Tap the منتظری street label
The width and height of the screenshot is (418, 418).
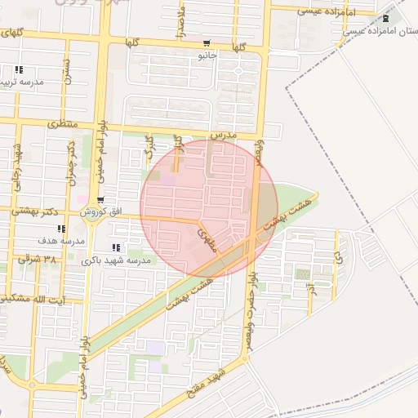[61, 125]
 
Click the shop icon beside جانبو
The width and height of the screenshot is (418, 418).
[205, 44]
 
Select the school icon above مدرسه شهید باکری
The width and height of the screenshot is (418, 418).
[115, 247]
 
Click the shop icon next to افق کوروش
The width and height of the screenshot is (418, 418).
[99, 200]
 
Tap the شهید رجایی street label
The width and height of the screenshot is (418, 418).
[15, 162]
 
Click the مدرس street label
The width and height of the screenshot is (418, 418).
[222, 133]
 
